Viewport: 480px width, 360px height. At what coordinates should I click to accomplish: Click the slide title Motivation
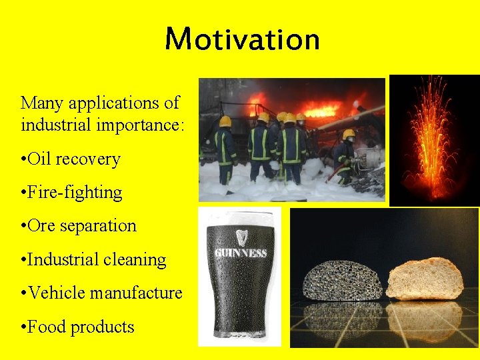pos(242,39)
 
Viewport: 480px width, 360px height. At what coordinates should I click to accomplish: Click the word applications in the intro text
pos(117,103)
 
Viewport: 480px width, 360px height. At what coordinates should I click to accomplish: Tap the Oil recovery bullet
pos(70,159)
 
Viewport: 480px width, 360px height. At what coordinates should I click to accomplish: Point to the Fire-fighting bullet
pos(71,193)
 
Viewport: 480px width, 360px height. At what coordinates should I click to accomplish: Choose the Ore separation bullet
pos(78,226)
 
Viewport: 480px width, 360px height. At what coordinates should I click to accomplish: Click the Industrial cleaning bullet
pos(93,259)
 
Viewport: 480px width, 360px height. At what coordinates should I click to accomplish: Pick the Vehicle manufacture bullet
pos(101,293)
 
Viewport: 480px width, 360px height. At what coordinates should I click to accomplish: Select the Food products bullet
pos(77,327)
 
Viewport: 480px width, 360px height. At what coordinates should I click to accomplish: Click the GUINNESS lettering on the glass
pos(240,253)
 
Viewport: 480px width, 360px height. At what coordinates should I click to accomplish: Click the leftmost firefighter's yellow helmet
pos(225,121)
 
